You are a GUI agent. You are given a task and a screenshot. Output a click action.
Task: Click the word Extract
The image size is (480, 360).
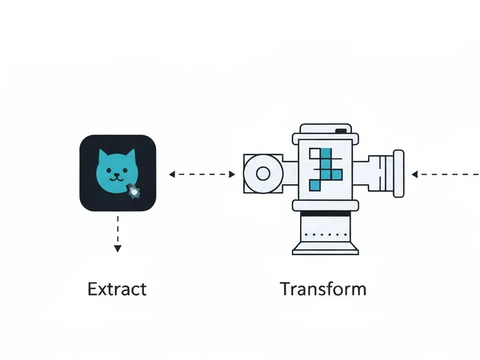pos(117,289)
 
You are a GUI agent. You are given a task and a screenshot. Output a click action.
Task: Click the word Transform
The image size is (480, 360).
pos(323,289)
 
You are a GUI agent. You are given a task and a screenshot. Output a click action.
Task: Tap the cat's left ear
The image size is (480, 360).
pos(103,154)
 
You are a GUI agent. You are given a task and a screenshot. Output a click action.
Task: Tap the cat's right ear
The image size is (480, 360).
pos(131,154)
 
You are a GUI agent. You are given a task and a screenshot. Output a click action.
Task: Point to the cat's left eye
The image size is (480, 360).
pos(109,170)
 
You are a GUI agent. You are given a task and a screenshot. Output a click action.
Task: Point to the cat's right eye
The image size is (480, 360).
pos(125,170)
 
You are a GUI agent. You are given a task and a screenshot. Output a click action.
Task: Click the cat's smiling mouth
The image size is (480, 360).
pos(117,177)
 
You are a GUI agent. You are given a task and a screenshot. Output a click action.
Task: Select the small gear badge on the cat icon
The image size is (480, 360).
pos(134,191)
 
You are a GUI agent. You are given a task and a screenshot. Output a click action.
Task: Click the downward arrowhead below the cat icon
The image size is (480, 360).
pos(117,248)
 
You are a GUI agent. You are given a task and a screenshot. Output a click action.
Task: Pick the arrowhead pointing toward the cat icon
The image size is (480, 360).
pos(172,174)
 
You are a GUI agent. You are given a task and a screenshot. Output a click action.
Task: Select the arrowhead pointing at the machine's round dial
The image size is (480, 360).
pos(232,174)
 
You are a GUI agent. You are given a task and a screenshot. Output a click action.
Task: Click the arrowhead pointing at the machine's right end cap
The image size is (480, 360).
pos(415,174)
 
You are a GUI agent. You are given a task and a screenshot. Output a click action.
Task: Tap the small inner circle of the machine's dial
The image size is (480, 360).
pos(263,173)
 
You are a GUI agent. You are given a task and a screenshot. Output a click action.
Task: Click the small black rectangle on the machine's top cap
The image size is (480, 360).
pos(341,131)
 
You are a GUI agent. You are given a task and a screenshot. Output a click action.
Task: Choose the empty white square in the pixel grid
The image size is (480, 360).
pos(315,153)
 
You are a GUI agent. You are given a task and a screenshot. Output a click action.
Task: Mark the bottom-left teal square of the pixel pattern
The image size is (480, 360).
pos(315,185)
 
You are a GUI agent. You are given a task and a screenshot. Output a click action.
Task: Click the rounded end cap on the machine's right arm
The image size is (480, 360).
pos(398,173)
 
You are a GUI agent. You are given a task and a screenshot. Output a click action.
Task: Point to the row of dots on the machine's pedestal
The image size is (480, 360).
pos(326,235)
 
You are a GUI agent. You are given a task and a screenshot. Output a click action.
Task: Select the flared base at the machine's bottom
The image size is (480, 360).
pos(325,248)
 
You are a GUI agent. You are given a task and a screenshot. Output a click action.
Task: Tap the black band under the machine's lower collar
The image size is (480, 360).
pos(325,213)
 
